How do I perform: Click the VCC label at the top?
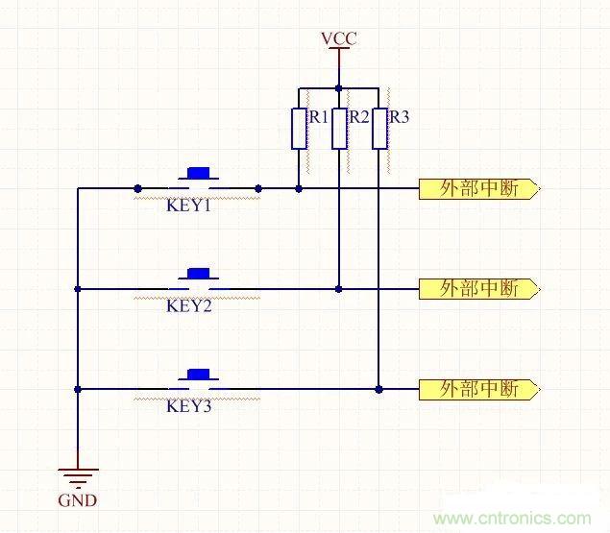coord(338,39)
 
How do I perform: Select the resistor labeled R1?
coord(299,129)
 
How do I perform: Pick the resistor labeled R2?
coord(338,129)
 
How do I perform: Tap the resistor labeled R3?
coord(379,129)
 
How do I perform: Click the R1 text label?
coord(318,117)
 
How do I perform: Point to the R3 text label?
coord(399,117)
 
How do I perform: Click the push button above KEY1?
coord(199,175)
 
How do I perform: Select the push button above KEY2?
coord(199,275)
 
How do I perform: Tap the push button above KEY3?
coord(199,376)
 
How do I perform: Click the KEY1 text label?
coord(188,206)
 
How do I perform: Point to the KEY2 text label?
coord(188,306)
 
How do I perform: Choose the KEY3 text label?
coord(188,406)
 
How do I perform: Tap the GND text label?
coord(77,500)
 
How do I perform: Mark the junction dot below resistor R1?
coord(299,188)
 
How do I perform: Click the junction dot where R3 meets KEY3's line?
coord(379,389)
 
